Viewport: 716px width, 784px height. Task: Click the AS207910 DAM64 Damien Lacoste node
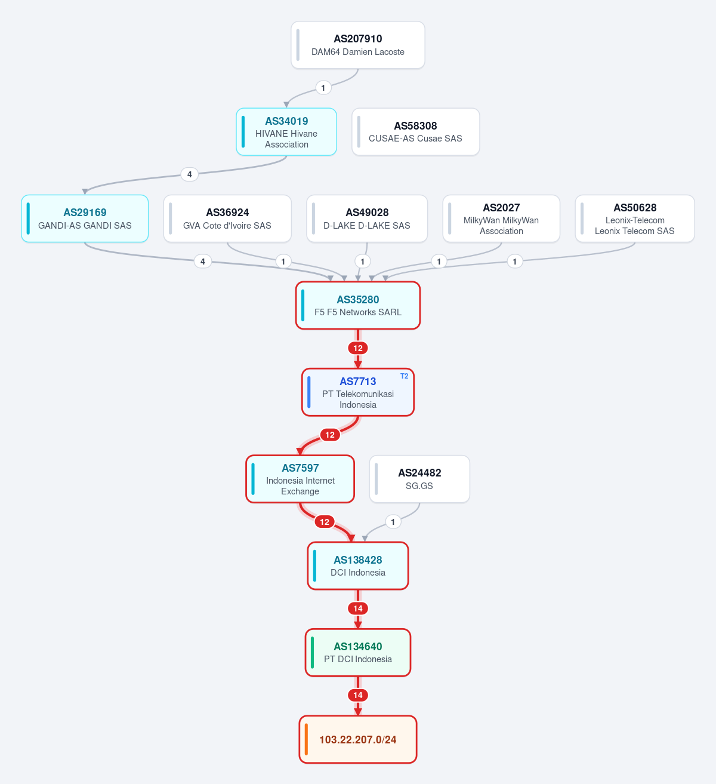click(358, 45)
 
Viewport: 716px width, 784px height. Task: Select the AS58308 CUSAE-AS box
click(416, 132)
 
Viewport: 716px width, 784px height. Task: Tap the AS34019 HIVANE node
click(286, 132)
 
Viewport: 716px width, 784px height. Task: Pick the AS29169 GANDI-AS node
click(85, 219)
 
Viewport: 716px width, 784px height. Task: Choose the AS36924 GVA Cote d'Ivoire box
click(227, 219)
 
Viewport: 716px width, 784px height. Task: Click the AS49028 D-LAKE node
click(367, 219)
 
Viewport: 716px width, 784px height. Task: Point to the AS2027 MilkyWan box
click(501, 219)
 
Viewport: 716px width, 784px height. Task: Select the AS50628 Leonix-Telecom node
click(635, 219)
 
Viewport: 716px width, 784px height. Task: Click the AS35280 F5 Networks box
click(358, 305)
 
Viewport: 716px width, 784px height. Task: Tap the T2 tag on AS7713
click(405, 376)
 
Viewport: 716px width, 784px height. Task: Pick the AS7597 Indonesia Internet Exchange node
click(300, 479)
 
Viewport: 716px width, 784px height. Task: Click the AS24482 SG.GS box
click(419, 479)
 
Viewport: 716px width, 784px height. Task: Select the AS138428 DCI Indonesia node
click(358, 565)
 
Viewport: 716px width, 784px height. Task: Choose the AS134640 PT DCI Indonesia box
click(358, 652)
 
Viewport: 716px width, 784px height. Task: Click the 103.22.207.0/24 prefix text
click(358, 739)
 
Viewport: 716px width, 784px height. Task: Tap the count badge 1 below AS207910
click(323, 88)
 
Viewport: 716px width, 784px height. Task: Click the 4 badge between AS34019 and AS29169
click(190, 174)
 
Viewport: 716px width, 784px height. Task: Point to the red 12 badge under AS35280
click(358, 348)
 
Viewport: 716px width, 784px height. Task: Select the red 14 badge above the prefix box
click(358, 695)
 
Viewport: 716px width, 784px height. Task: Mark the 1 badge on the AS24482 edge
click(393, 522)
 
